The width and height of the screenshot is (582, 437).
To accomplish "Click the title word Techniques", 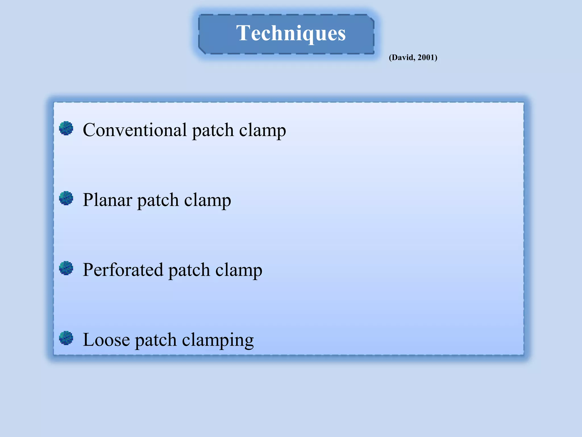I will click(291, 34).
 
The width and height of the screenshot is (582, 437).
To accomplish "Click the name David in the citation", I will click(403, 57).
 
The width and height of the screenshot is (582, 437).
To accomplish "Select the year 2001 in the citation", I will click(426, 57).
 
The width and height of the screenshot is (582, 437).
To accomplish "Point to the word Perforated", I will click(123, 270).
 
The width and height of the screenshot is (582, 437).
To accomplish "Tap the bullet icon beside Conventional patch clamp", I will click(66, 128).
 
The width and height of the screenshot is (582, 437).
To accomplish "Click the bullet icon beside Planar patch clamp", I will click(66, 198).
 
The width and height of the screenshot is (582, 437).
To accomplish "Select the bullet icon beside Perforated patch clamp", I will click(66, 268).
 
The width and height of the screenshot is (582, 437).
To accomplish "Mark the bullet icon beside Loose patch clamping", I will click(66, 338).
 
